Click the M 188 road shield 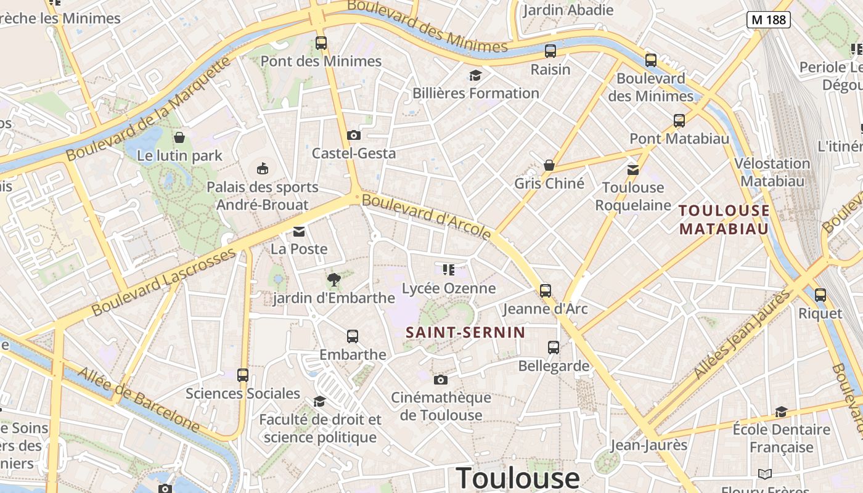pos(769,19)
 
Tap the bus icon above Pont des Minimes pos(321,43)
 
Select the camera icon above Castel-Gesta pos(353,135)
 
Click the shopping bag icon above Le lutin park pos(179,137)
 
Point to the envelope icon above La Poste pos(299,232)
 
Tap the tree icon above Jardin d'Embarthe pos(333,280)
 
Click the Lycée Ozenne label pos(449,288)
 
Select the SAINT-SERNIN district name pos(465,333)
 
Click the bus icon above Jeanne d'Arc pos(545,291)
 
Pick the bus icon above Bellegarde pos(554,348)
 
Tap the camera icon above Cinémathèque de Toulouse pos(440,380)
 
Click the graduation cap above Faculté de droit pos(319,402)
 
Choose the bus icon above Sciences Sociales pos(243,375)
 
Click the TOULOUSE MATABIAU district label pos(724,220)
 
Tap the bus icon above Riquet pos(820,295)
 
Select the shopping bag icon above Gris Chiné pos(549,165)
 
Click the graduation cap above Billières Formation pos(475,76)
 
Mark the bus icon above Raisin pos(550,51)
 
